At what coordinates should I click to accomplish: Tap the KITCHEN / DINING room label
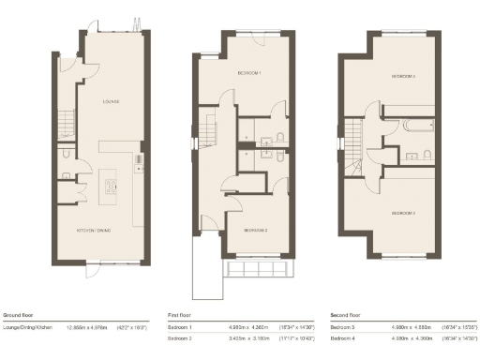94,230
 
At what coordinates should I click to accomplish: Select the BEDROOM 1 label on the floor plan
247,73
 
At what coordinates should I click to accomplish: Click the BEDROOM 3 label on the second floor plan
403,214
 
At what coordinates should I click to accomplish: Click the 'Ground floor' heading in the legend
18,315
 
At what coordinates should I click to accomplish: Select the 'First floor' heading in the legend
179,315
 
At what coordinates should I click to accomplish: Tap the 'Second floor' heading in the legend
348,315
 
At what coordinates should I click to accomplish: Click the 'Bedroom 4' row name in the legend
344,337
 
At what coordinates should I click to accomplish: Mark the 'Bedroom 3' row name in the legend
344,327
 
